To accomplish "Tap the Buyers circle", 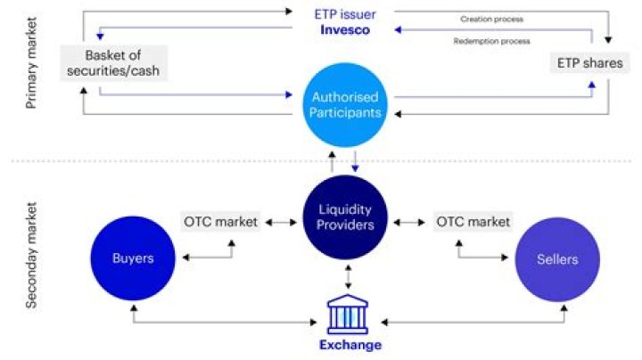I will [x=133, y=259].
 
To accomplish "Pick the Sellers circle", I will [x=556, y=259].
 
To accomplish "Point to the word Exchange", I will [x=350, y=345].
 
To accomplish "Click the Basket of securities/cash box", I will [x=114, y=63].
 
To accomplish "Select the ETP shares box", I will [x=588, y=63].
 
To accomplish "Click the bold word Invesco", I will [x=347, y=31].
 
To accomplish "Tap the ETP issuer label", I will [x=347, y=13].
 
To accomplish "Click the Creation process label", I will [x=491, y=19].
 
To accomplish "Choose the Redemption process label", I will [x=491, y=41].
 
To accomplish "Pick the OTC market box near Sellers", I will [x=473, y=221].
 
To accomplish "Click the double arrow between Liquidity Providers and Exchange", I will [x=348, y=276].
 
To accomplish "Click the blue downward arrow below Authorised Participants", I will [x=355, y=162].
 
